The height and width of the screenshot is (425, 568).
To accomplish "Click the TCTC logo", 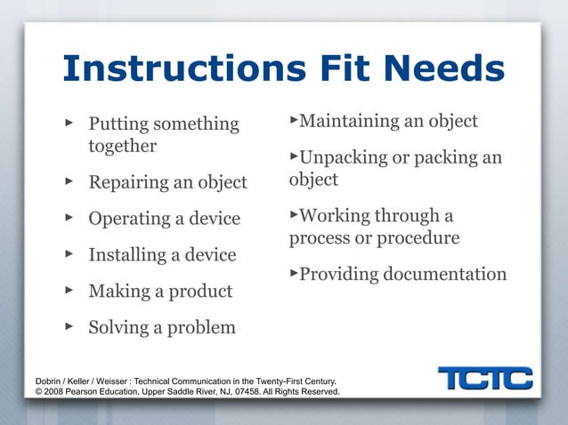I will pyautogui.click(x=484, y=379).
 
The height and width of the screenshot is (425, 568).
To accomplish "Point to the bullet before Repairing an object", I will pyautogui.click(x=69, y=182).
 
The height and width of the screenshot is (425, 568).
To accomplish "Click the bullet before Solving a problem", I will pyautogui.click(x=69, y=327).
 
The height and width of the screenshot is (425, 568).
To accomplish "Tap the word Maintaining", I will pyautogui.click(x=354, y=121).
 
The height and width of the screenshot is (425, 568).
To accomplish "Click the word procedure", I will pyautogui.click(x=418, y=238).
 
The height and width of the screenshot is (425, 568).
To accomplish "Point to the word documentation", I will pyautogui.click(x=445, y=275).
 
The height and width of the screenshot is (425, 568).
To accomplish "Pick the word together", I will pyautogui.click(x=122, y=146).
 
